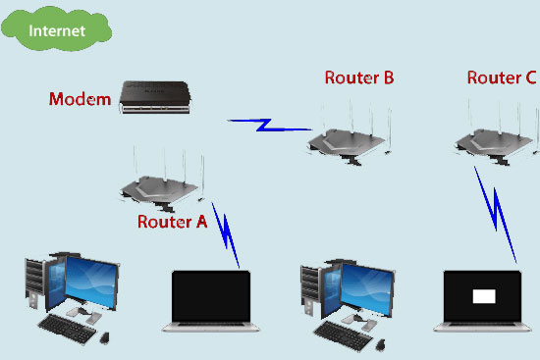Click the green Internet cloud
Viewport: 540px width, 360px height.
click(57, 31)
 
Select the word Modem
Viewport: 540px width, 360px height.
click(80, 99)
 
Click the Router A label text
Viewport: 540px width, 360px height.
click(172, 222)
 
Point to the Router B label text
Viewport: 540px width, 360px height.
click(359, 78)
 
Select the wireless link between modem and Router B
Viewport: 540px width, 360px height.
click(266, 125)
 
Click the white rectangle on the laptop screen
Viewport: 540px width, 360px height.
click(485, 295)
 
